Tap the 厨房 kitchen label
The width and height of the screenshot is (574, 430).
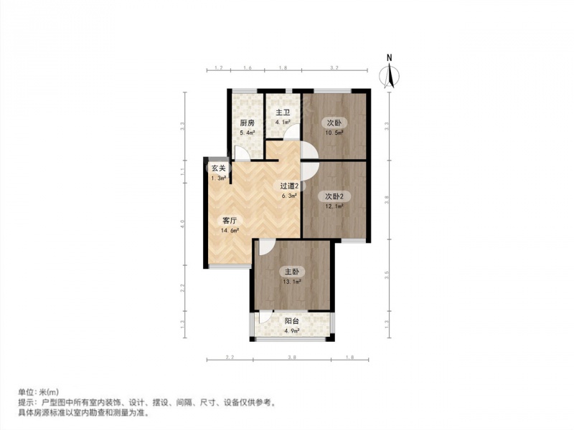click(x=247, y=123)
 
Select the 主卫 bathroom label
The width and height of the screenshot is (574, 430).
click(x=283, y=113)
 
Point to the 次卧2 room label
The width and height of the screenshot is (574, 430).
click(x=334, y=196)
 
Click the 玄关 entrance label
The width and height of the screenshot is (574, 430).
click(x=218, y=168)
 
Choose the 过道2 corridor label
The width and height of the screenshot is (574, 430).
click(x=289, y=186)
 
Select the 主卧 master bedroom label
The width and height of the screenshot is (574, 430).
click(x=291, y=272)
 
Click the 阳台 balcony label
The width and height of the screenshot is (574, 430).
click(x=291, y=321)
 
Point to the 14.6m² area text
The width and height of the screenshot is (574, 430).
click(x=231, y=231)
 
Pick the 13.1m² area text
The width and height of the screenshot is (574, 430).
click(x=291, y=282)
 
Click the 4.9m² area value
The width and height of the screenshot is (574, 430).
click(x=291, y=331)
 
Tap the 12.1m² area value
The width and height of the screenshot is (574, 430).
click(x=334, y=206)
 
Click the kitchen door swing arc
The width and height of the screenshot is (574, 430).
click(x=242, y=153)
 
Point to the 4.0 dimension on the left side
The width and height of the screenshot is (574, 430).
click(x=183, y=224)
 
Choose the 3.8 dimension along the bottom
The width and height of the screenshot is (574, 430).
click(x=291, y=356)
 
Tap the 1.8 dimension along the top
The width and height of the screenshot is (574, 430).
click(x=283, y=67)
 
